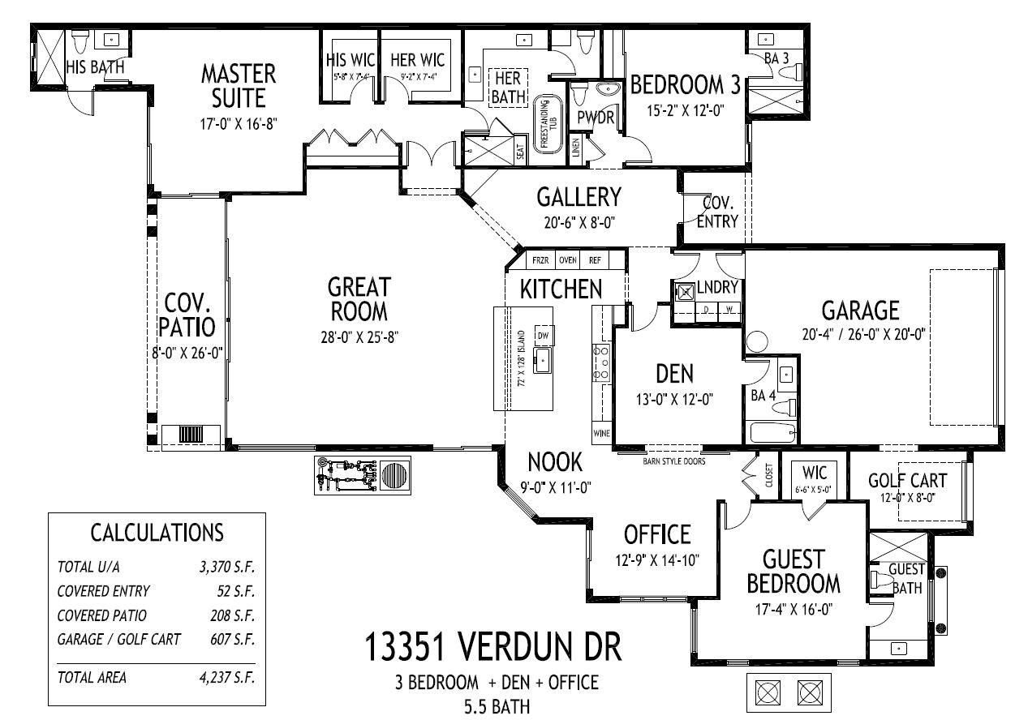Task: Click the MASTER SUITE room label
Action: pyautogui.click(x=238, y=85)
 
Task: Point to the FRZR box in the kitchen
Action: pyautogui.click(x=540, y=260)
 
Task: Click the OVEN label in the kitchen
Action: pyautogui.click(x=567, y=260)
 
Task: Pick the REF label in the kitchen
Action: pyautogui.click(x=595, y=260)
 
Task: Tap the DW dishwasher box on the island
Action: pyautogui.click(x=544, y=335)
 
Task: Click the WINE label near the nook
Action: pyautogui.click(x=601, y=434)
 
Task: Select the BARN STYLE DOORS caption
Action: pyautogui.click(x=673, y=461)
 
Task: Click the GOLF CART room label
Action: pyautogui.click(x=907, y=479)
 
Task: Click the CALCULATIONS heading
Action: pyautogui.click(x=157, y=532)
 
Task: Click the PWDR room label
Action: pyautogui.click(x=595, y=118)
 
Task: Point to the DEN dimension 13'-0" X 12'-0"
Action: pyautogui.click(x=675, y=399)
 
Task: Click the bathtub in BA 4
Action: pyautogui.click(x=774, y=432)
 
